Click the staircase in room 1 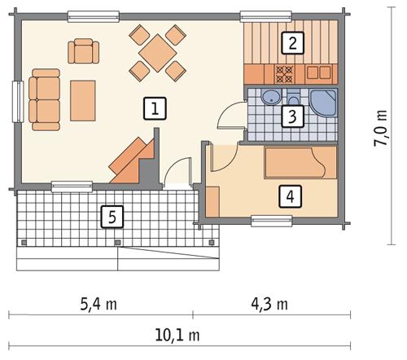point(133,160)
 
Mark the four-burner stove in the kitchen point(287,72)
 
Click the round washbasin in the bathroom point(266,98)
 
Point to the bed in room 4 point(300,162)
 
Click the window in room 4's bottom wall point(271,218)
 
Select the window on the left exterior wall point(15,101)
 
